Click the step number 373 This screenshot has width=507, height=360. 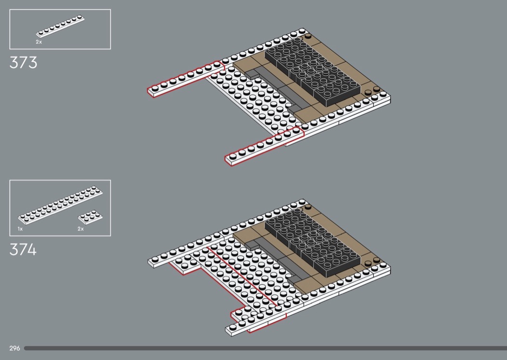(23, 63)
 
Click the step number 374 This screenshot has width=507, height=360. (23, 250)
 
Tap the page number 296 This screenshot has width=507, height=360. (14, 348)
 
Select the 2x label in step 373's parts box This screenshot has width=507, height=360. (39, 42)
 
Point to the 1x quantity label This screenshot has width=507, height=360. (20, 229)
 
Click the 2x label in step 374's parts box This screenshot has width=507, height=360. (81, 229)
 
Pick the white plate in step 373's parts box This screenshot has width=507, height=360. (61, 27)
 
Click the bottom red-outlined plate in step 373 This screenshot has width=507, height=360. (263, 145)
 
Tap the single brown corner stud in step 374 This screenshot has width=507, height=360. (308, 207)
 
